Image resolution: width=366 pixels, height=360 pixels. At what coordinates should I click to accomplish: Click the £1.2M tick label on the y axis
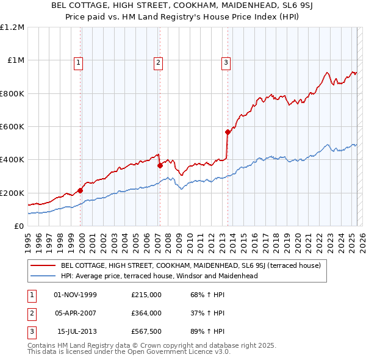click(x=13, y=27)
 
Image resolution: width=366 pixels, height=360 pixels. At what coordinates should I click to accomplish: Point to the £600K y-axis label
click(x=12, y=127)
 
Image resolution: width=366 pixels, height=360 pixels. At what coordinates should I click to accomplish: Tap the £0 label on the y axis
click(x=19, y=226)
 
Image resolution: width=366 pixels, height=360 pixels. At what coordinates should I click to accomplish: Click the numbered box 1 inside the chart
click(x=79, y=62)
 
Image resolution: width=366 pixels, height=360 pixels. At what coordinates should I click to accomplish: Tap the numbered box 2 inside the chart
click(x=158, y=62)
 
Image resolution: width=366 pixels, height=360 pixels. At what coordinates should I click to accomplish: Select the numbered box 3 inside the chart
click(x=226, y=62)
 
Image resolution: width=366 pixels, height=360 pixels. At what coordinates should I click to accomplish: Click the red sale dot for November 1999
click(x=80, y=190)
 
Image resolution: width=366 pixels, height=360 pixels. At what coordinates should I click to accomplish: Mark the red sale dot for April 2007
click(x=160, y=165)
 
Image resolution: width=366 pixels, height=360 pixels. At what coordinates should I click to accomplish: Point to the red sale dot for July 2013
click(x=228, y=132)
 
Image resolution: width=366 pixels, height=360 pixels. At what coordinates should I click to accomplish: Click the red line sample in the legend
click(x=43, y=265)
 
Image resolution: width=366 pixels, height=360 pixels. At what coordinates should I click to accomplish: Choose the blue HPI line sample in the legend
click(x=43, y=276)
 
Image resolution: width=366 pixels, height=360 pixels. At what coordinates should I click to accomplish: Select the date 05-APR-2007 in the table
click(x=76, y=313)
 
